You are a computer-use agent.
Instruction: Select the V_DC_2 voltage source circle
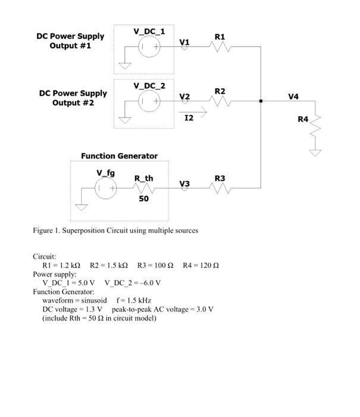tap(149, 101)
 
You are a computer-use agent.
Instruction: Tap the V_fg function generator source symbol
tap(106, 189)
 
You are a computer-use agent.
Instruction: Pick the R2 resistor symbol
tap(220, 101)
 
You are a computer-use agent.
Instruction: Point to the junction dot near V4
tap(261, 101)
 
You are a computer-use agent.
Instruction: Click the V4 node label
tap(293, 96)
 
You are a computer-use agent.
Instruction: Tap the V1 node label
tap(184, 42)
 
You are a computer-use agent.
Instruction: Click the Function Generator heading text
tap(119, 156)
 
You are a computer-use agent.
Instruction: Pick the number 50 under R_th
tap(143, 198)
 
